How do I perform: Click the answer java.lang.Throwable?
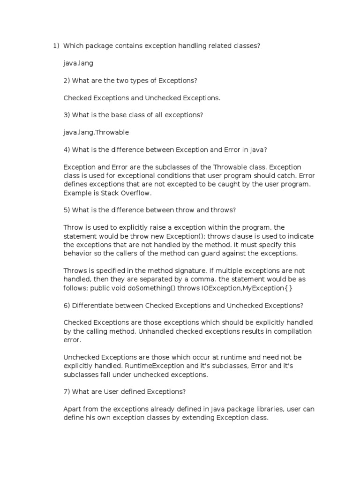[96, 132]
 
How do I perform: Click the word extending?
[193, 417]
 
